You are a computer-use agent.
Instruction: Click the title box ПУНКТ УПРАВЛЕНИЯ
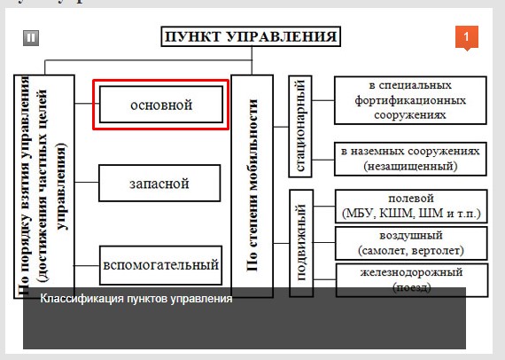(250, 37)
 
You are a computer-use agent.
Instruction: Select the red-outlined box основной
(160, 105)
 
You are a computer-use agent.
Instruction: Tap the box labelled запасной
(159, 184)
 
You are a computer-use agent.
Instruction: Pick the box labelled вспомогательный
(160, 263)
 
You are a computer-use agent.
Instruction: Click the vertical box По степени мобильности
(251, 185)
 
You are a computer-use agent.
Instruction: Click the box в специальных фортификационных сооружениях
(409, 100)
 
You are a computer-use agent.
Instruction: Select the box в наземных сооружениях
(409, 158)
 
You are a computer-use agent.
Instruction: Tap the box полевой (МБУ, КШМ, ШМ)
(409, 206)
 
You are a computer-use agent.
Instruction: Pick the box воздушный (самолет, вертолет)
(409, 244)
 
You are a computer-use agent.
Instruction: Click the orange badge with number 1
(467, 37)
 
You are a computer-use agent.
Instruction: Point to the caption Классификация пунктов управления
(136, 299)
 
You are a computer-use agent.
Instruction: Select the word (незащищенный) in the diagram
(409, 166)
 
